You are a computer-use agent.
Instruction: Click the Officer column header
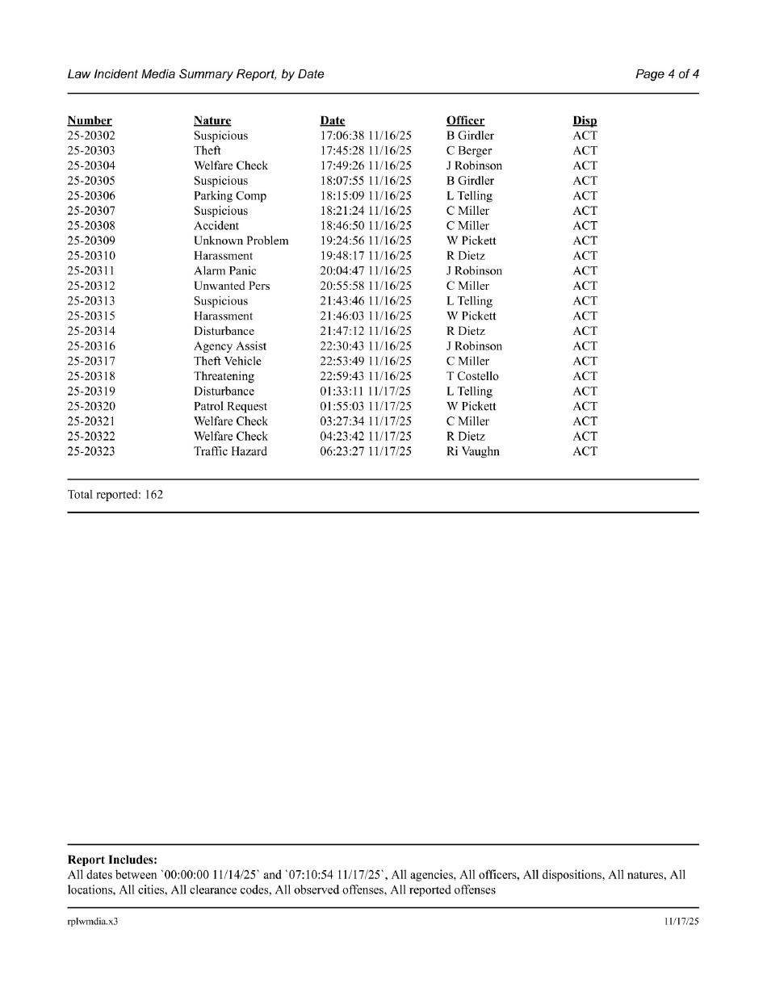[x=465, y=121]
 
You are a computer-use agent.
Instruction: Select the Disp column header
[x=585, y=121]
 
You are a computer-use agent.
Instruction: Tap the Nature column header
[x=212, y=121]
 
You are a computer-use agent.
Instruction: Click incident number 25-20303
[x=91, y=151]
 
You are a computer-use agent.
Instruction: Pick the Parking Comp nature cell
[x=230, y=196]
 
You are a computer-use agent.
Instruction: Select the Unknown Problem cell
[x=241, y=241]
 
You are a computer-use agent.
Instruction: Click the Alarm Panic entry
[x=224, y=271]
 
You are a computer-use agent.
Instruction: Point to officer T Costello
[x=472, y=376]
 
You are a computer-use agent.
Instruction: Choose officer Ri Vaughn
[x=472, y=452]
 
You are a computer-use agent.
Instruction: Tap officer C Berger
[x=468, y=151]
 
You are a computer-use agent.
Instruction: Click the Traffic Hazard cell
[x=230, y=452]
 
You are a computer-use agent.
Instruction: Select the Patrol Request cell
[x=230, y=407]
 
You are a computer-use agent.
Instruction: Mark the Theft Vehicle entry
[x=228, y=362]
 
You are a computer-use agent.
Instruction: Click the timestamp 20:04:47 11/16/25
[x=366, y=271]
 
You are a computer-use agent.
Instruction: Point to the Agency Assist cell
[x=230, y=346]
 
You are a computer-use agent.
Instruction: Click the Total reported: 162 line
[x=115, y=495]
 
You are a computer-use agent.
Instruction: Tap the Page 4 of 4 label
[x=667, y=74]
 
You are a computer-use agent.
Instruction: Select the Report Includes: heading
[x=112, y=860]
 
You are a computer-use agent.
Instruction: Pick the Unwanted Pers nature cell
[x=232, y=287]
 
